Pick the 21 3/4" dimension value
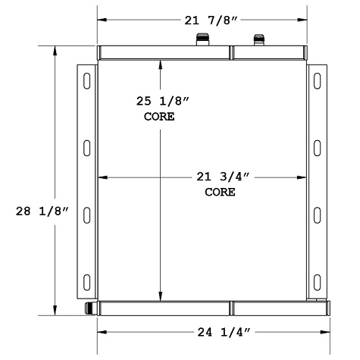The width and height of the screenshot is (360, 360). tap(220, 177)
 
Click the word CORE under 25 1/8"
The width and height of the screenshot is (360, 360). tap(159, 117)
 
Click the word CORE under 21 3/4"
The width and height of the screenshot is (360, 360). tap(220, 193)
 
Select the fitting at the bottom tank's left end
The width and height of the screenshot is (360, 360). tap(91, 308)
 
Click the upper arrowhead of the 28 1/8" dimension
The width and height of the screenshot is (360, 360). tap(55, 50)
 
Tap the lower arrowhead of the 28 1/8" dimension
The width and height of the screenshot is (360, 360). tap(55, 311)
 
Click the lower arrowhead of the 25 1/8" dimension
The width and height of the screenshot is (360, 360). tap(159, 297)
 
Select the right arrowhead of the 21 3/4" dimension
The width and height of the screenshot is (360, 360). tap(304, 177)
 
